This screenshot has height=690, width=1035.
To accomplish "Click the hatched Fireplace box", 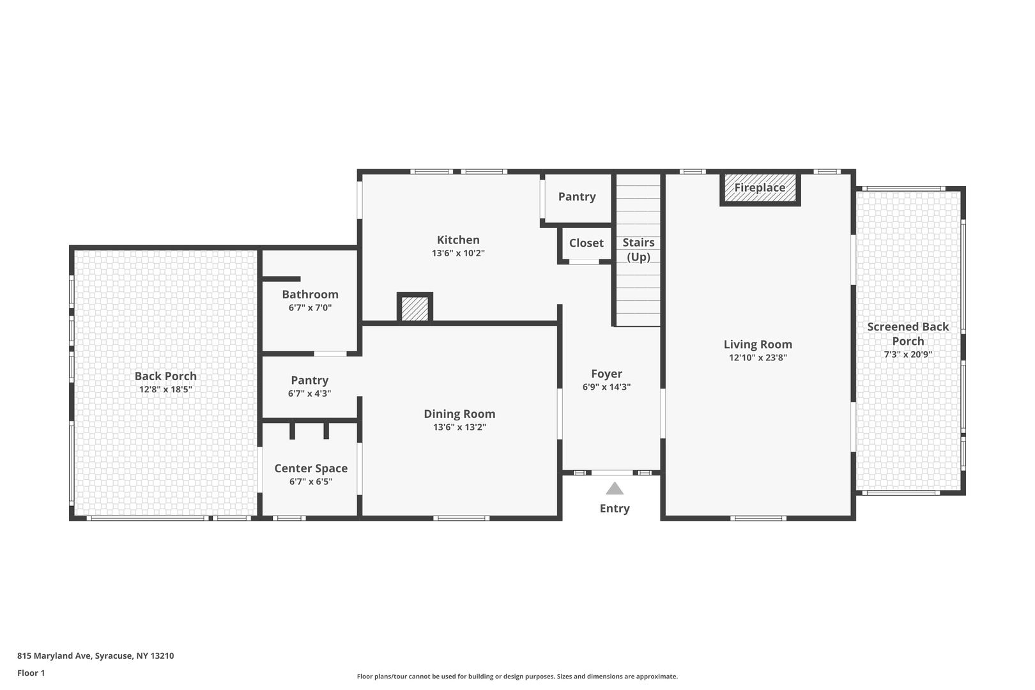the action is [x=760, y=188].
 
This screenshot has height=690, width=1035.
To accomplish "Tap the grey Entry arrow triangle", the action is [x=615, y=489].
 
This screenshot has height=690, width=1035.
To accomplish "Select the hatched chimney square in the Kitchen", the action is [x=415, y=307].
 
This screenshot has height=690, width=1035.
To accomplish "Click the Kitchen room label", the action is [x=458, y=240].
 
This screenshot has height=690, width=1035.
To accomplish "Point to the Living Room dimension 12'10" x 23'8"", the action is [x=758, y=357].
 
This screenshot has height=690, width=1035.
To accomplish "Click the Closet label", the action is [x=586, y=243].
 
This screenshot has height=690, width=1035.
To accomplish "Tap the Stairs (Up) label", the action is [x=638, y=250].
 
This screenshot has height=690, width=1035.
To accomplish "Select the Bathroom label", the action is [x=310, y=295].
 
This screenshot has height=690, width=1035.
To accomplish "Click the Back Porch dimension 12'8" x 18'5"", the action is [x=165, y=389].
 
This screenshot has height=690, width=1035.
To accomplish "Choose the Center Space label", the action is [x=311, y=469].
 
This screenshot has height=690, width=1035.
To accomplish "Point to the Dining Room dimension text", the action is [x=459, y=427].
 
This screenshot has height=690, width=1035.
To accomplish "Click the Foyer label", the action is [x=607, y=374].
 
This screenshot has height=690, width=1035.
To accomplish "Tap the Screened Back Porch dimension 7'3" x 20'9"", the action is [x=908, y=355].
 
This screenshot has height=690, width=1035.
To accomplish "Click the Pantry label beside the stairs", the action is [x=577, y=197].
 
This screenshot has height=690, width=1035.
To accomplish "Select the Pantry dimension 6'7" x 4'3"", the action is [x=310, y=394].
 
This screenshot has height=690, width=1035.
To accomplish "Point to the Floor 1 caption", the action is [x=31, y=673].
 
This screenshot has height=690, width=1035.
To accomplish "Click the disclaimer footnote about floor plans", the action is [x=517, y=676].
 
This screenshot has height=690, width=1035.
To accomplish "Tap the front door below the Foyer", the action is [x=612, y=472].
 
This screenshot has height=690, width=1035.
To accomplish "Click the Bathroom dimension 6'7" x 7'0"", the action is [x=310, y=308].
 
